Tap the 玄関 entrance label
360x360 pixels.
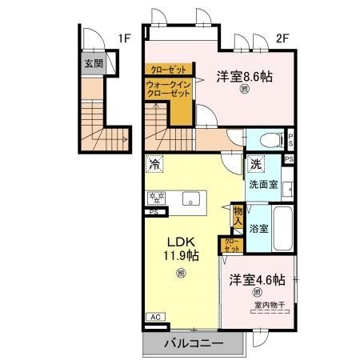pyautogui.click(x=94, y=63)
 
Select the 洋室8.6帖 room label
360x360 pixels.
pyautogui.click(x=245, y=77)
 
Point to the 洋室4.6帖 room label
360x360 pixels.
pyautogui.click(x=258, y=280)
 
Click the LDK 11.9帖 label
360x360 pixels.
pyautogui.click(x=183, y=249)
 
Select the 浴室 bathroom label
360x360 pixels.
pyautogui.click(x=258, y=227)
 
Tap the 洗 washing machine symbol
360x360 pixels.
pyautogui.click(x=255, y=164)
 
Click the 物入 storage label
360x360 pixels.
pyautogui.click(x=238, y=214)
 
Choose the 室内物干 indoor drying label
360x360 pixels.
pyautogui.click(x=269, y=304)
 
